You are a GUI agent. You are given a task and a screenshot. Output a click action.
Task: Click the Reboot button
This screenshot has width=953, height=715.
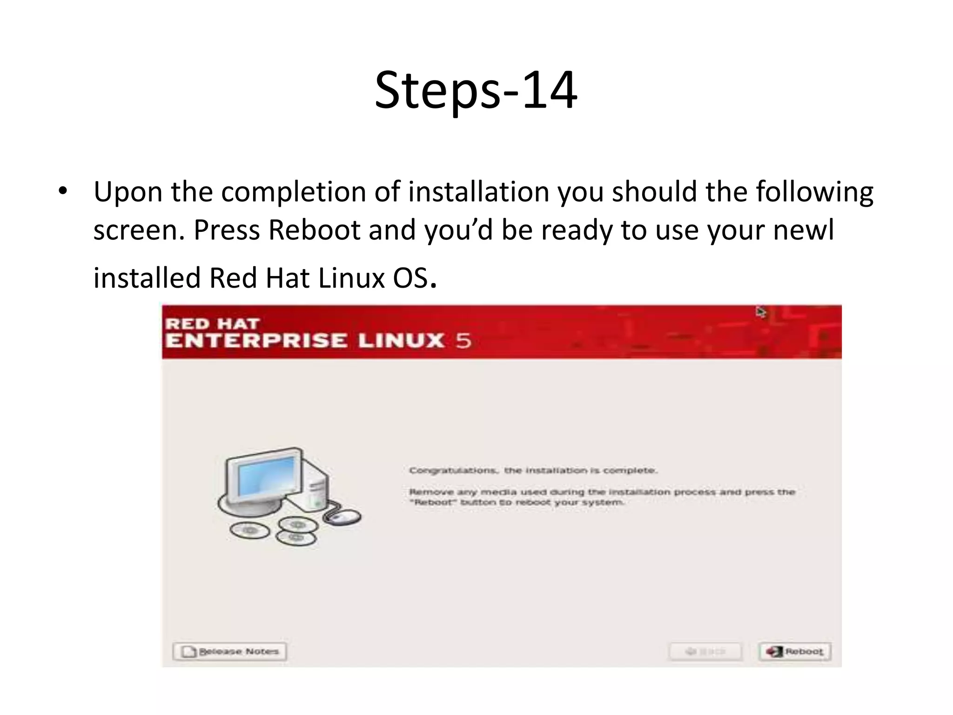795,651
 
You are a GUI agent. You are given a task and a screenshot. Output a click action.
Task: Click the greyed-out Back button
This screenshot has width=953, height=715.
705,651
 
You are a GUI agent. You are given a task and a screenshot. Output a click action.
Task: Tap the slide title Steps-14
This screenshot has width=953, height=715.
476,90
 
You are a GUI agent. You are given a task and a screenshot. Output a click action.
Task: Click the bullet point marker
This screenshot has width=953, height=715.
63,191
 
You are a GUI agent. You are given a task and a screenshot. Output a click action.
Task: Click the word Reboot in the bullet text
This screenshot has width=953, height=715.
314,230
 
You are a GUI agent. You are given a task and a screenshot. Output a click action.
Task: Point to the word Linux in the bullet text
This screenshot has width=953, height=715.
351,278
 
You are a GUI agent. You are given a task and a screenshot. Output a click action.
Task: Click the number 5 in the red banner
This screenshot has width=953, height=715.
463,341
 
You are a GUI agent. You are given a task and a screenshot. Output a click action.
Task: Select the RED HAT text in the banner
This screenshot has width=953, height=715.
212,324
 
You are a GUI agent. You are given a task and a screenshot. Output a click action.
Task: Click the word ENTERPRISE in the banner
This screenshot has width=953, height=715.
256,341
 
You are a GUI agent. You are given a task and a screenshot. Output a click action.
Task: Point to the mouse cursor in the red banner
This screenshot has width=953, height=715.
761,312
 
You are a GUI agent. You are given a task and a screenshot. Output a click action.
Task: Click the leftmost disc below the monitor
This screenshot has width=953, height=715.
249,530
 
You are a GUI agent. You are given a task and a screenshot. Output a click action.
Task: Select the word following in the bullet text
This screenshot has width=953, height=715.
814,192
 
